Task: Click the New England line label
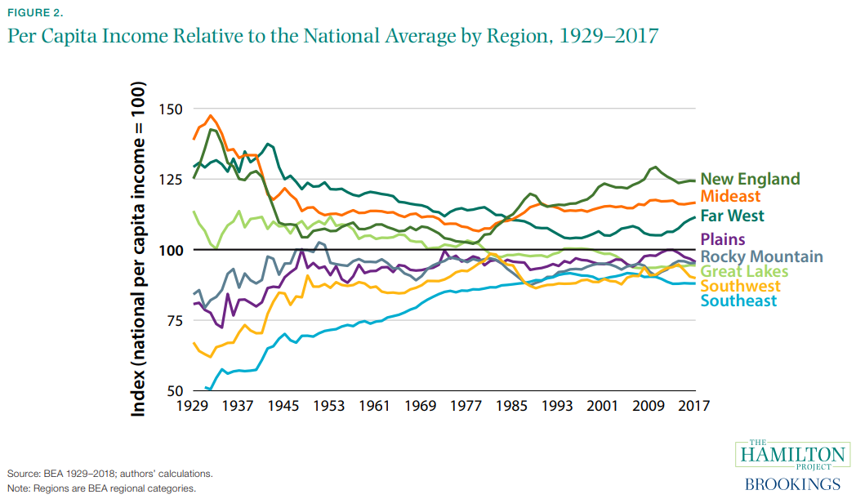tap(750, 179)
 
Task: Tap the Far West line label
tap(733, 216)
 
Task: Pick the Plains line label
tap(723, 239)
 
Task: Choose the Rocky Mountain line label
tap(761, 256)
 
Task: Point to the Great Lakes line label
tap(744, 271)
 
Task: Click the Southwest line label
tap(740, 286)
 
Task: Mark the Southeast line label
tap(738, 301)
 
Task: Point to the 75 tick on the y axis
tap(174, 320)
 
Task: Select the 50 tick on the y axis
tap(174, 390)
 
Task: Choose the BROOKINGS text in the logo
tap(791, 483)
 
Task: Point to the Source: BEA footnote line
tap(110, 474)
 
